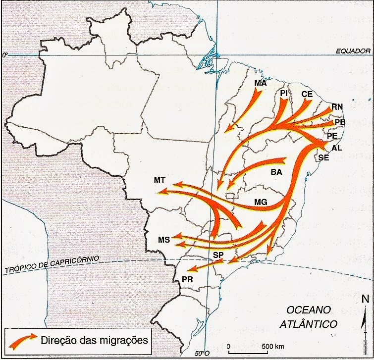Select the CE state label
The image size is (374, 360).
pyautogui.click(x=306, y=94)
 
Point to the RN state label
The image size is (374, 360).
pyautogui.click(x=337, y=107)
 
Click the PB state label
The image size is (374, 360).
pyautogui.click(x=340, y=122)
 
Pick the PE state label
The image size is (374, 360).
pyautogui.click(x=332, y=136)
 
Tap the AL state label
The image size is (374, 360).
pyautogui.click(x=336, y=148)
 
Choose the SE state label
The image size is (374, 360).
pyautogui.click(x=324, y=157)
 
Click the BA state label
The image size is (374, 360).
pyautogui.click(x=276, y=173)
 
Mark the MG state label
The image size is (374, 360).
pyautogui.click(x=261, y=202)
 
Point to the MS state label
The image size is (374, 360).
pyautogui.click(x=164, y=240)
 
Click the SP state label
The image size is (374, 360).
pyautogui.click(x=218, y=255)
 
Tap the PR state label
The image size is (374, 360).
pyautogui.click(x=187, y=279)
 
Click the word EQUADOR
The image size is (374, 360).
pyautogui.click(x=353, y=51)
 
